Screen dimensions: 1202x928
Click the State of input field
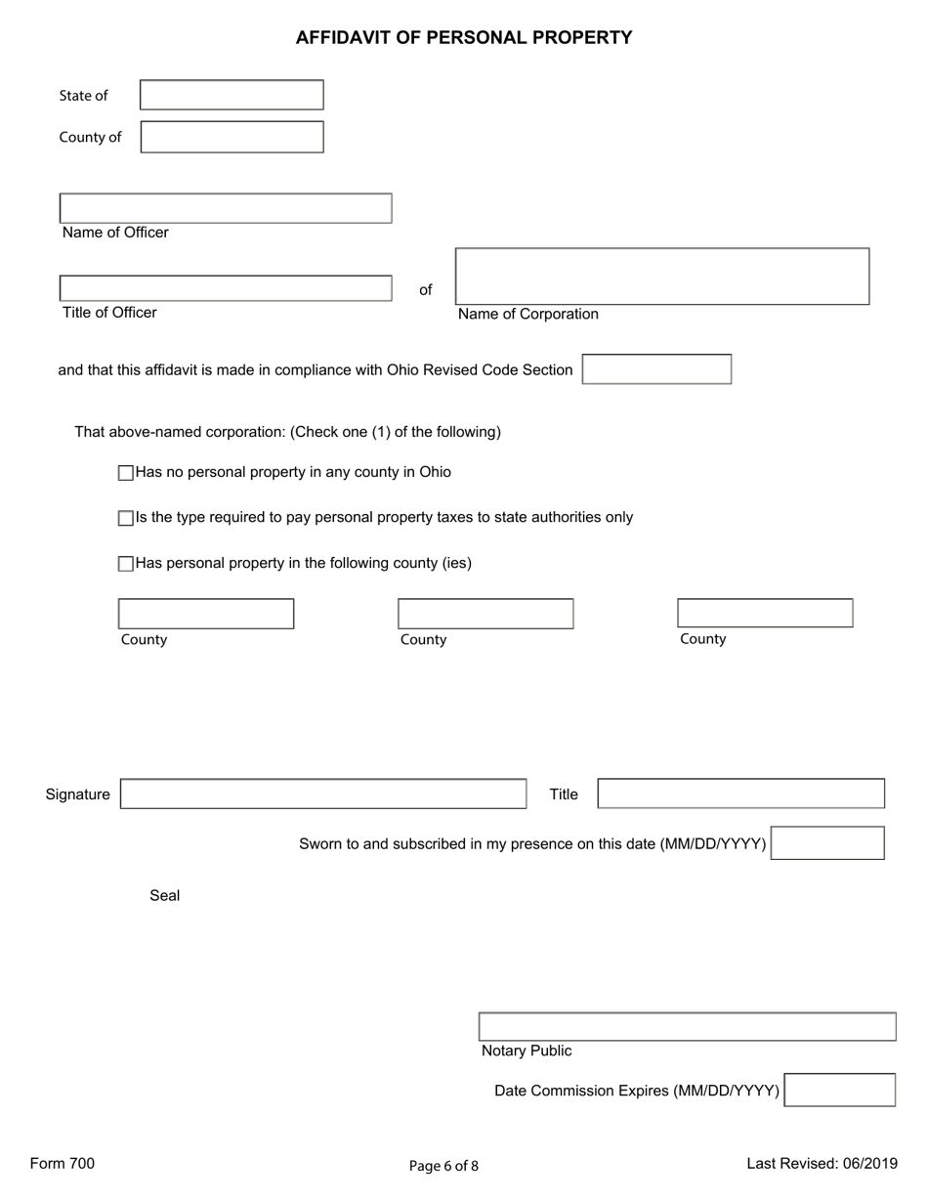coord(232,95)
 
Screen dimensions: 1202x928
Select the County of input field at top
coord(232,137)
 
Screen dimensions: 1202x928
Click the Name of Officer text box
coord(226,208)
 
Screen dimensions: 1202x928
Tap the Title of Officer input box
coord(226,288)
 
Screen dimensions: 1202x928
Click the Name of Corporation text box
coord(662,277)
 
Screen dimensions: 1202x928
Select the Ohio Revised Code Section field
coord(656,369)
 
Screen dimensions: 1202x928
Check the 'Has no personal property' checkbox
coord(125,473)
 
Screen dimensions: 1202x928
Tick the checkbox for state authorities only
coord(125,519)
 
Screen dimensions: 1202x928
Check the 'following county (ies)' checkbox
coord(125,564)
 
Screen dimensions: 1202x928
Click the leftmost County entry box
coord(206,614)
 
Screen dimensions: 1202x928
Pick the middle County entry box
coord(485,614)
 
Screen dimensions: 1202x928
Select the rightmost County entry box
coord(765,613)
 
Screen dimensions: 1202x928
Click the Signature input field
coord(323,794)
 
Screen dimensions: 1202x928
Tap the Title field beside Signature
coord(740,794)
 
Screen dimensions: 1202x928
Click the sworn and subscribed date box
coord(827,842)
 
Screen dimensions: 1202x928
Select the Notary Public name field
coord(687,1027)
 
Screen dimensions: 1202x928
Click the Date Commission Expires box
coord(840,1090)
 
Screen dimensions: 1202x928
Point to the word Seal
coord(164,895)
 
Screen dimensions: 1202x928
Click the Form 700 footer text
coord(63,1163)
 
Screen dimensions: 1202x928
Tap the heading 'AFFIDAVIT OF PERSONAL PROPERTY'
coord(464,38)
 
